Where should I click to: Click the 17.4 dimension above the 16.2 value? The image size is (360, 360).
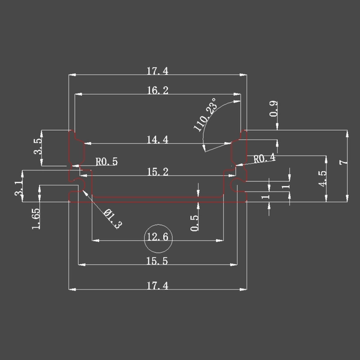tap(157, 71)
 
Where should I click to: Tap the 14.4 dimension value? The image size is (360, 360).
tap(157, 140)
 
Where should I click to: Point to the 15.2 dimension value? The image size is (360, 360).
tap(157, 172)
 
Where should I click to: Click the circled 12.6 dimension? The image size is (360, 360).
tap(157, 238)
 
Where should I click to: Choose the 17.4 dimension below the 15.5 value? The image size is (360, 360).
tap(157, 286)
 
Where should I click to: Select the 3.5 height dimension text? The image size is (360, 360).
tap(38, 146)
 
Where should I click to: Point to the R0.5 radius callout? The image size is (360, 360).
tap(107, 161)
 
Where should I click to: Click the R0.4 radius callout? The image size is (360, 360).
tap(265, 158)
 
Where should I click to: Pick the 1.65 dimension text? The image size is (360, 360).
tap(35, 217)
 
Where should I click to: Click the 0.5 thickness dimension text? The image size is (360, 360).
tap(194, 223)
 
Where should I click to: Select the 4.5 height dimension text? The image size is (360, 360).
tap(322, 179)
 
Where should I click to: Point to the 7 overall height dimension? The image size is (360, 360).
tap(343, 163)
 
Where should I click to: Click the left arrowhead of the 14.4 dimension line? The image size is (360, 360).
tap(86, 143)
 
